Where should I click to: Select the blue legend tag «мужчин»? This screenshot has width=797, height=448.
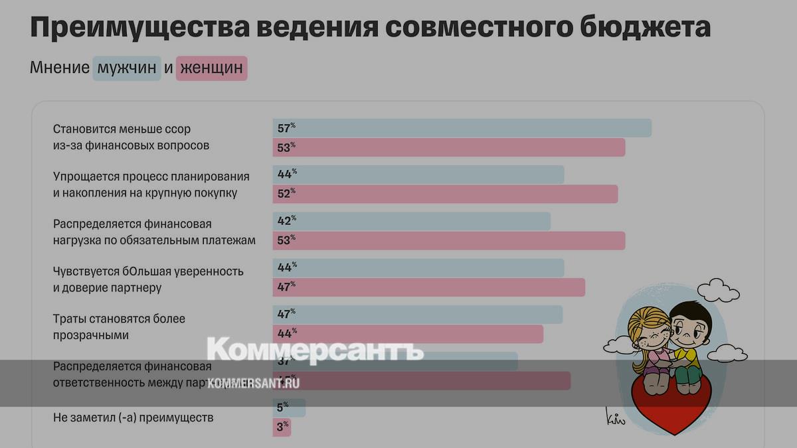click(127, 68)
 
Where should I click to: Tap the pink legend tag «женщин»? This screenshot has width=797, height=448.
click(211, 68)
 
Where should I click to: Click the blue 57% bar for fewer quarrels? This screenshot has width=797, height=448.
click(462, 128)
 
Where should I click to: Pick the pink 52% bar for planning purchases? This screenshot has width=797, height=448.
click(445, 194)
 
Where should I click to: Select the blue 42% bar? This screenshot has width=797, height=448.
click(412, 221)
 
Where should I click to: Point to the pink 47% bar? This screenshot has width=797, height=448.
click(428, 287)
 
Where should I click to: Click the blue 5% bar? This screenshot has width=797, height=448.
click(289, 408)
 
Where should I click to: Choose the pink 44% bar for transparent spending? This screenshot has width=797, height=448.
click(408, 334)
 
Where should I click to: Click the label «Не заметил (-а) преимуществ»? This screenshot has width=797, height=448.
click(133, 417)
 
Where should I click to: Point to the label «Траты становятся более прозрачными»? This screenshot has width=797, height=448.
click(119, 327)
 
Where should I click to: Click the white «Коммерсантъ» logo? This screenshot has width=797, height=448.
click(315, 350)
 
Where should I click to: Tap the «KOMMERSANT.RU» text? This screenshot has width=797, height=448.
click(253, 383)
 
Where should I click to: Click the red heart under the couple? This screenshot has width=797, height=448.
click(671, 405)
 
